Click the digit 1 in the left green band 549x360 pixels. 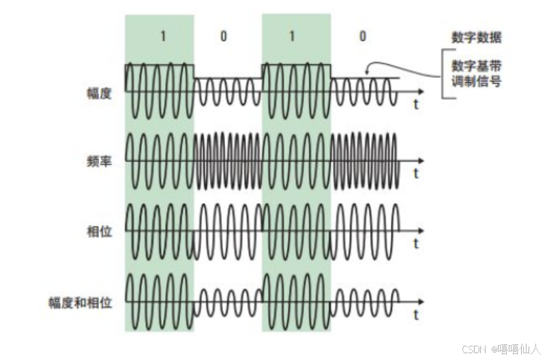point(163,36)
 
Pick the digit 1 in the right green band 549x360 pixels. point(292,36)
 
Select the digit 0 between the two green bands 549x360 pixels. point(224,36)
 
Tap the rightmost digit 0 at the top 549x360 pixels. point(362,36)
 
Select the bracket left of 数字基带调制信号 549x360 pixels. point(444,76)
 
